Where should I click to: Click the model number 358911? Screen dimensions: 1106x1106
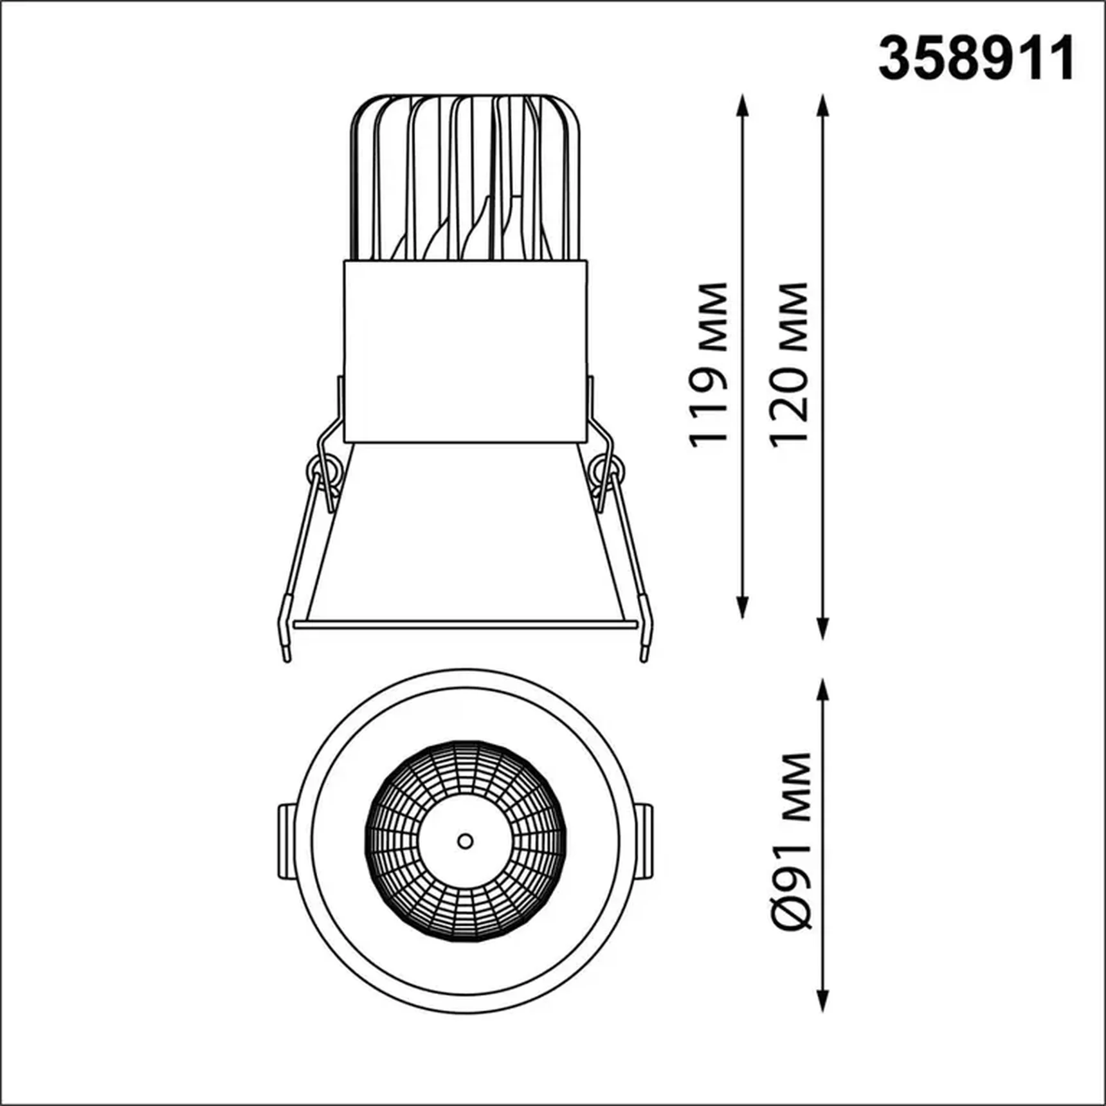tap(975, 59)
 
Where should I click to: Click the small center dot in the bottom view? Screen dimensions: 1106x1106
tap(465, 841)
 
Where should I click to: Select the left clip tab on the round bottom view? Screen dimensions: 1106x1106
tap(287, 841)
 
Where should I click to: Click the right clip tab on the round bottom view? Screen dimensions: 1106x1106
tap(644, 841)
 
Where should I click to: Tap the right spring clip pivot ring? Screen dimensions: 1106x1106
tap(606, 467)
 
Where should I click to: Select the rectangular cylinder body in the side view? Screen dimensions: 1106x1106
tap(466, 351)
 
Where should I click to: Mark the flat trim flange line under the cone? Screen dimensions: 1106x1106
tap(464, 624)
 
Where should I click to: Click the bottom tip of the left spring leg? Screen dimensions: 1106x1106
tap(287, 658)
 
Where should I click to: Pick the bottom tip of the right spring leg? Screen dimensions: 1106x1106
tap(644, 658)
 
